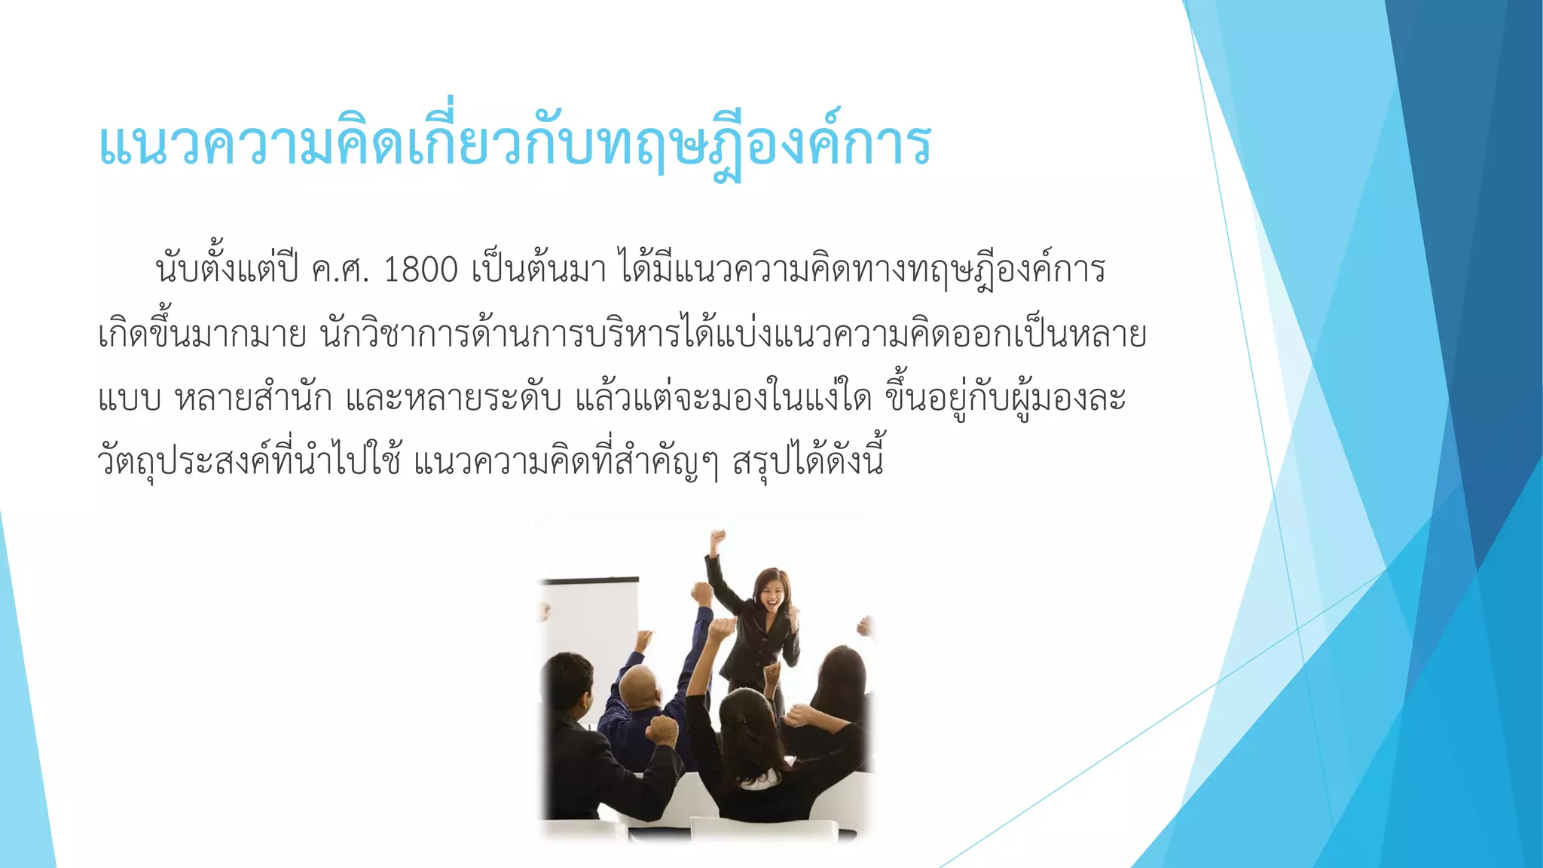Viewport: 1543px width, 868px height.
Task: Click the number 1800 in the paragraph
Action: pos(420,270)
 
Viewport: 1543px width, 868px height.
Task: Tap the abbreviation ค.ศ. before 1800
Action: pos(340,270)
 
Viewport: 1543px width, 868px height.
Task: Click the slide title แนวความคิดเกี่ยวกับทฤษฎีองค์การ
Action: pos(515,143)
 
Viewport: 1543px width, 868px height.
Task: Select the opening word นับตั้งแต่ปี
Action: pos(227,270)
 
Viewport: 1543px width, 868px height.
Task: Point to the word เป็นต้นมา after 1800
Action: pos(539,270)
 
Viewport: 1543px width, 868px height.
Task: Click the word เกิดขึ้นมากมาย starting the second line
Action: pos(202,335)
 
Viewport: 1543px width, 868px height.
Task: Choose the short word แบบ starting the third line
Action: pos(129,398)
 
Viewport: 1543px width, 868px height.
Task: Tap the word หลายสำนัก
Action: pos(253,398)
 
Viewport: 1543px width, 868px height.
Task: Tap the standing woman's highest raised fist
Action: pos(718,538)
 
